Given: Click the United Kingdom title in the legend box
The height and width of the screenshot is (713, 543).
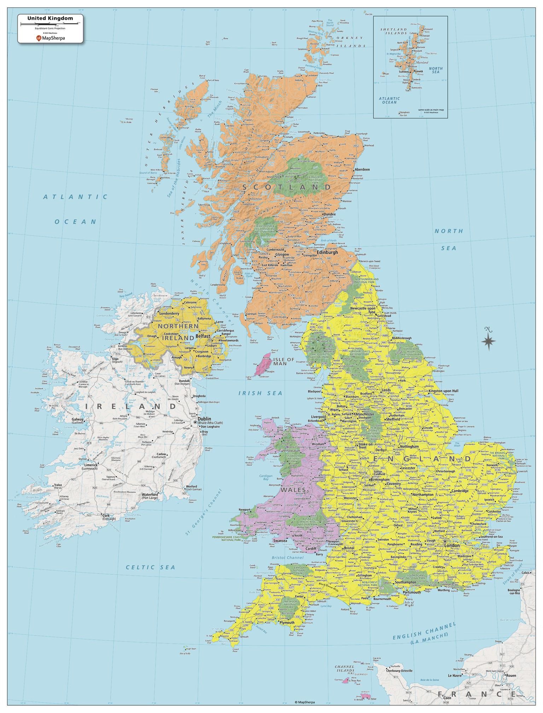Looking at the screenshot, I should click(51, 18).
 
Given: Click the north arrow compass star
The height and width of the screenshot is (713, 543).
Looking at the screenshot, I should click(488, 341).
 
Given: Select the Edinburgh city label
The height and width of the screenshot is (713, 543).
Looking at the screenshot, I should click(327, 253).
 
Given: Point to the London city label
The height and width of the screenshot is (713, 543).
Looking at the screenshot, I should click(452, 545).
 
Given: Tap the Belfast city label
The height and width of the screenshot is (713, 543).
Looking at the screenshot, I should click(203, 336).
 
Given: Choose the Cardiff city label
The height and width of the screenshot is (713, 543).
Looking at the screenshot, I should click(311, 549).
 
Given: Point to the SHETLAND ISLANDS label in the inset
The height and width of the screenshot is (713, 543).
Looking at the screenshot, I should click(393, 31).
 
